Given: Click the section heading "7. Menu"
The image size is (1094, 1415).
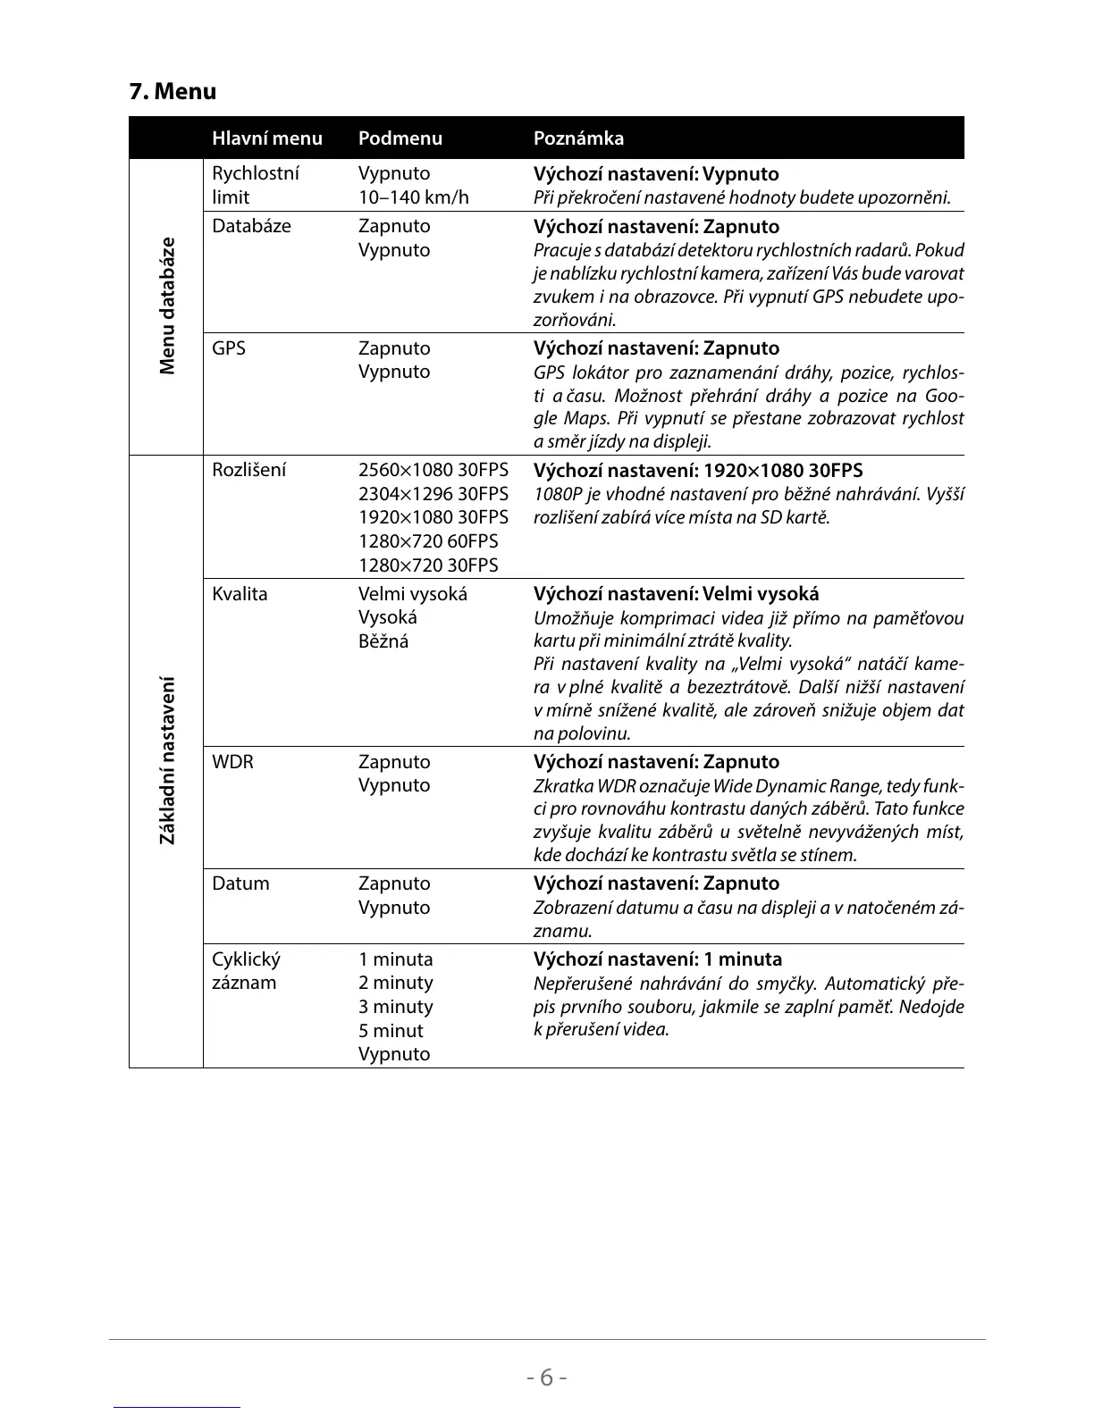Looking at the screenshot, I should coord(173,92).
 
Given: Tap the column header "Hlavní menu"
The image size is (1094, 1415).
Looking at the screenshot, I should coord(266,138).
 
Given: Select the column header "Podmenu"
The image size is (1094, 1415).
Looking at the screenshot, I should coord(400,138).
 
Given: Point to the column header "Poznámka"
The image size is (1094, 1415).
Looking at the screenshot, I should coord(578,138).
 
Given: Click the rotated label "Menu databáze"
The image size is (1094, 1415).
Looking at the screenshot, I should coord(167,306).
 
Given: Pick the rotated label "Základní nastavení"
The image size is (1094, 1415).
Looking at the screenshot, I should coord(167,760).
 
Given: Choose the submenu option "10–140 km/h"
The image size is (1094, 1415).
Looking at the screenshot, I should coord(413,197).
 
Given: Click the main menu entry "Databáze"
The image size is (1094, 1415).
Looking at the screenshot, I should coord(251,226).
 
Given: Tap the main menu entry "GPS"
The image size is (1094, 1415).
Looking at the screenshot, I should coord(228,348).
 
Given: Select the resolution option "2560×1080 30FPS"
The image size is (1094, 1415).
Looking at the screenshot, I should coord(433,471).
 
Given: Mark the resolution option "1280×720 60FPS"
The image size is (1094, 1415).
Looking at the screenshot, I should coord(428,541).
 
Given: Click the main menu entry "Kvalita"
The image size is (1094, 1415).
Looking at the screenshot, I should coord(240,594).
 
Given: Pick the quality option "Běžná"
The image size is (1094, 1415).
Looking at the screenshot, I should coord(383,641).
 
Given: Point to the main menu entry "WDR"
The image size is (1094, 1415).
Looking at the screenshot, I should coord(232,762).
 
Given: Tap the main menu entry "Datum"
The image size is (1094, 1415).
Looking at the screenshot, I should coord(240,883).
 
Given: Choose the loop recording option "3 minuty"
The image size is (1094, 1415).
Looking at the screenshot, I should coord(395,1007).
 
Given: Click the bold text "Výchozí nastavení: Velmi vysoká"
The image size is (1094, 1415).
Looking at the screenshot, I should coord(676,594).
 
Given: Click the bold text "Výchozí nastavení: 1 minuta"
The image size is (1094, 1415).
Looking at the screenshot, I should coord(657,959).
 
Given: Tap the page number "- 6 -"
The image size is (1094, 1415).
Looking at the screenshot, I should coord(546,1377).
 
